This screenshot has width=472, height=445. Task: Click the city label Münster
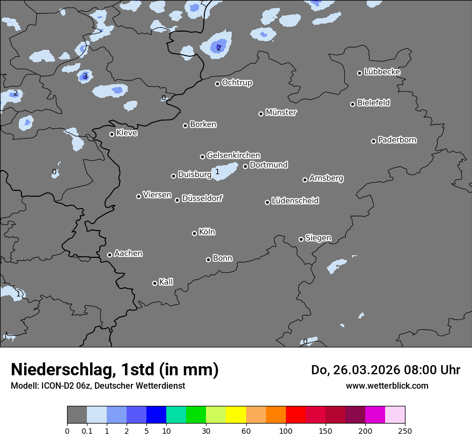tap(281, 113)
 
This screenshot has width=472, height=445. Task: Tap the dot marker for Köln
tap(194, 233)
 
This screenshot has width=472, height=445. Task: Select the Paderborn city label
tap(397, 140)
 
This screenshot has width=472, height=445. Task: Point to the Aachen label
tap(128, 254)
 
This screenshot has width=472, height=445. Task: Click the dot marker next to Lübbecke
tap(360, 73)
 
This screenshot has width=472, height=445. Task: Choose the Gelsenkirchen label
tap(233, 155)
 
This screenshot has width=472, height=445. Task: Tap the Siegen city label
tap(318, 238)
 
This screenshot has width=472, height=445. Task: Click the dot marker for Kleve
tap(112, 134)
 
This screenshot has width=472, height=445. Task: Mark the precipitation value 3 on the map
tap(85, 77)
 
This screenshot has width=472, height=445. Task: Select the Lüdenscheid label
tap(295, 201)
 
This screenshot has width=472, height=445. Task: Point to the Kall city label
tap(166, 282)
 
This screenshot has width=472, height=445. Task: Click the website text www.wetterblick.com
tap(387, 385)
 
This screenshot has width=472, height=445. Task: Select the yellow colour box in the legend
tap(235, 415)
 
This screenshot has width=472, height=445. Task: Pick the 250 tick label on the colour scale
tap(405, 431)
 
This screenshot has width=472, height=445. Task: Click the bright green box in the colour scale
tap(196, 415)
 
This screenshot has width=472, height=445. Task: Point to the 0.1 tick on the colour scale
tap(87, 431)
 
